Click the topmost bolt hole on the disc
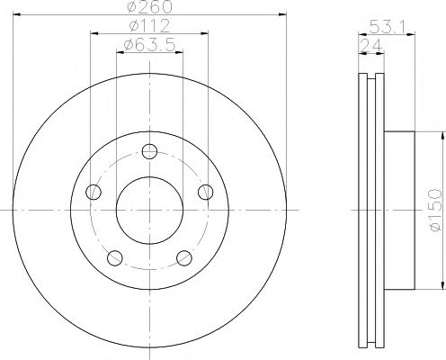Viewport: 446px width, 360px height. pos(150,150)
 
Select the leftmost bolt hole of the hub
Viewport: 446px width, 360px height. pos(93,191)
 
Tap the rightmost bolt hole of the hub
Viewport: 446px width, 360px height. pos(207,191)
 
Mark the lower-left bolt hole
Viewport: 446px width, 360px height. pos(114,258)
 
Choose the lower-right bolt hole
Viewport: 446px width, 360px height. pos(185,258)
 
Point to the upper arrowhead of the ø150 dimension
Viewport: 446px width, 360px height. pos(442,136)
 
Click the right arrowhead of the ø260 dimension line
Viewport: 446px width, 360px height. pos(281,17)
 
